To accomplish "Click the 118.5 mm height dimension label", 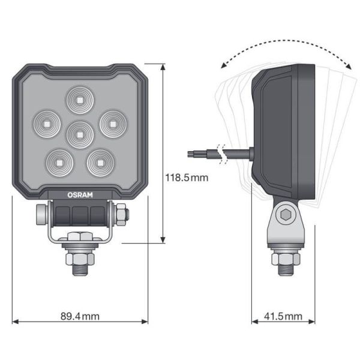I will point(187,178).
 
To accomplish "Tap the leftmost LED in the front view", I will point(44,123).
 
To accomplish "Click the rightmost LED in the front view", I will point(110,123).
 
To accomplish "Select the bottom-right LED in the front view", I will point(98,160).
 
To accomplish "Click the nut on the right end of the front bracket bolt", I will point(120,212).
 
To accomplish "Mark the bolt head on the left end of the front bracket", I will point(41,214).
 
